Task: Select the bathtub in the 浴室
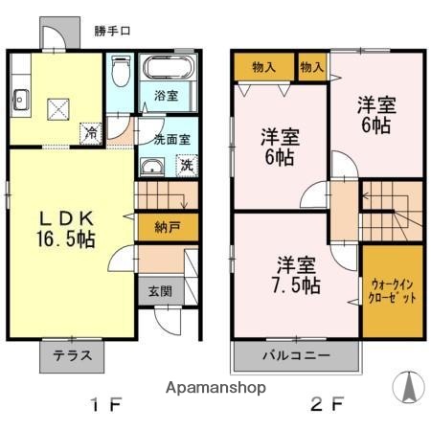pos(168,71)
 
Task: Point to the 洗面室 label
pos(173,138)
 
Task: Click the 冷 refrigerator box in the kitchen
pos(91,132)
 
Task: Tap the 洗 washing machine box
pos(187,165)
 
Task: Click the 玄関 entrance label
pos(160,291)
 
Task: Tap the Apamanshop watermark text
pos(215,387)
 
